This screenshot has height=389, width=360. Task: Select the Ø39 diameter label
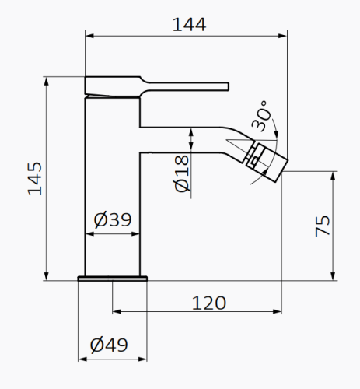click(x=112, y=220)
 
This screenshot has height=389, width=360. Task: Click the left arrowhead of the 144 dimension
click(x=88, y=35)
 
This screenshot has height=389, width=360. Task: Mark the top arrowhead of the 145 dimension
click(x=47, y=79)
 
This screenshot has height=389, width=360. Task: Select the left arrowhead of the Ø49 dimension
click(x=81, y=359)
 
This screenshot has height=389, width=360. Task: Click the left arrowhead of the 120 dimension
click(x=117, y=312)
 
